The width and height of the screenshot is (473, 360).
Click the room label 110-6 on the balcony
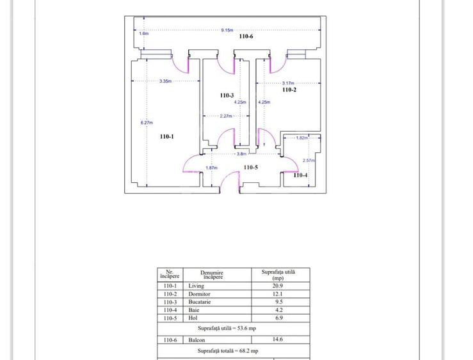pos(246,36)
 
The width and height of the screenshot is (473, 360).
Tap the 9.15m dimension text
pos(227,30)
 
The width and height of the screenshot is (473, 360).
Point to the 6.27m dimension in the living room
pos(147,123)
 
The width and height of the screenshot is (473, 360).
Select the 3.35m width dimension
pos(165,81)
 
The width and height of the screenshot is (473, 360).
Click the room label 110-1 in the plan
pos(167,136)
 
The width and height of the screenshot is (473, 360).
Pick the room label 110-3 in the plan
pos(227,95)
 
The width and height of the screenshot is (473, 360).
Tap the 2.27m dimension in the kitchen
pos(226,116)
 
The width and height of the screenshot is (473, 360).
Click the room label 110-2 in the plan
pos(289,90)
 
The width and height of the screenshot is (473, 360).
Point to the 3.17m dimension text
pos(288,83)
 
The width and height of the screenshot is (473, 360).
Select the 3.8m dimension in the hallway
pos(242,153)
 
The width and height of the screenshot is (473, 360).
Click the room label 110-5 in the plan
pos(251,168)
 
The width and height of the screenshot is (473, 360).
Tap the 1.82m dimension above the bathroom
pos(302,137)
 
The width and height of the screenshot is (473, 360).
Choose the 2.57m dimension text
pos(309,160)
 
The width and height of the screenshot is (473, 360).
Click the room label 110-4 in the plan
pos(300,175)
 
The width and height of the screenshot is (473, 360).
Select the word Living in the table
pos(196,286)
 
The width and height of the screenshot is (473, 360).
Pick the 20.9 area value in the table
pos(278,286)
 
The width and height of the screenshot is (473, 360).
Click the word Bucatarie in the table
pos(200,302)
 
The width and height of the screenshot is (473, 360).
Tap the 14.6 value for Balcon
pos(278,339)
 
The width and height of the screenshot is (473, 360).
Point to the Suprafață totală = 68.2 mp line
pos(228,351)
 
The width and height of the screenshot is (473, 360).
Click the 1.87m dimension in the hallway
pos(211,168)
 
